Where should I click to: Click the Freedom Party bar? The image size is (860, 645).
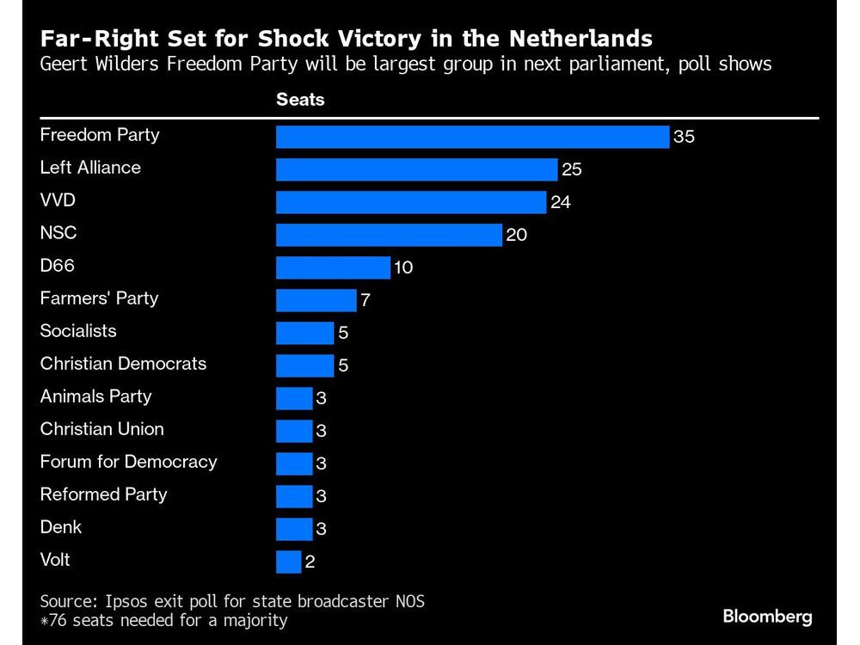pyautogui.click(x=472, y=137)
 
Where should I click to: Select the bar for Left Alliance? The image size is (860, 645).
pyautogui.click(x=416, y=169)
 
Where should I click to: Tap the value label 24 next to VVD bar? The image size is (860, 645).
pyautogui.click(x=561, y=203)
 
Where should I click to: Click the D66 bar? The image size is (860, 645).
pyautogui.click(x=333, y=267)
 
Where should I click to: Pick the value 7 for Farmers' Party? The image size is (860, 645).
pyautogui.click(x=366, y=301)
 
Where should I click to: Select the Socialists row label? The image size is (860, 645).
pyautogui.click(x=78, y=331)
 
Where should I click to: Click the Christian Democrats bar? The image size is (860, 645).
pyautogui.click(x=304, y=365)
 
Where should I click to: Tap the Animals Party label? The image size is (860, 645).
pyautogui.click(x=95, y=396)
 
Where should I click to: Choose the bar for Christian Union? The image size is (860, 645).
pyautogui.click(x=294, y=431)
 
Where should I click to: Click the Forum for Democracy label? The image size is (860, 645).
pyautogui.click(x=128, y=462)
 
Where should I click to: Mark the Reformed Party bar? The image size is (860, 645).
pyautogui.click(x=294, y=496)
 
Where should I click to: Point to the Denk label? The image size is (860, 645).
pyautogui.click(x=61, y=527)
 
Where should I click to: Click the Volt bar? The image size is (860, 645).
pyautogui.click(x=288, y=562)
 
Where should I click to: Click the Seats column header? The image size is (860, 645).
pyautogui.click(x=300, y=100)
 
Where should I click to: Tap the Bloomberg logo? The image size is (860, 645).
pyautogui.click(x=767, y=617)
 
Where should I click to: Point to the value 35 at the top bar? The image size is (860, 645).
pyautogui.click(x=684, y=138)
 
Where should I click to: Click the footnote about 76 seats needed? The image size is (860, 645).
pyautogui.click(x=163, y=620)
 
